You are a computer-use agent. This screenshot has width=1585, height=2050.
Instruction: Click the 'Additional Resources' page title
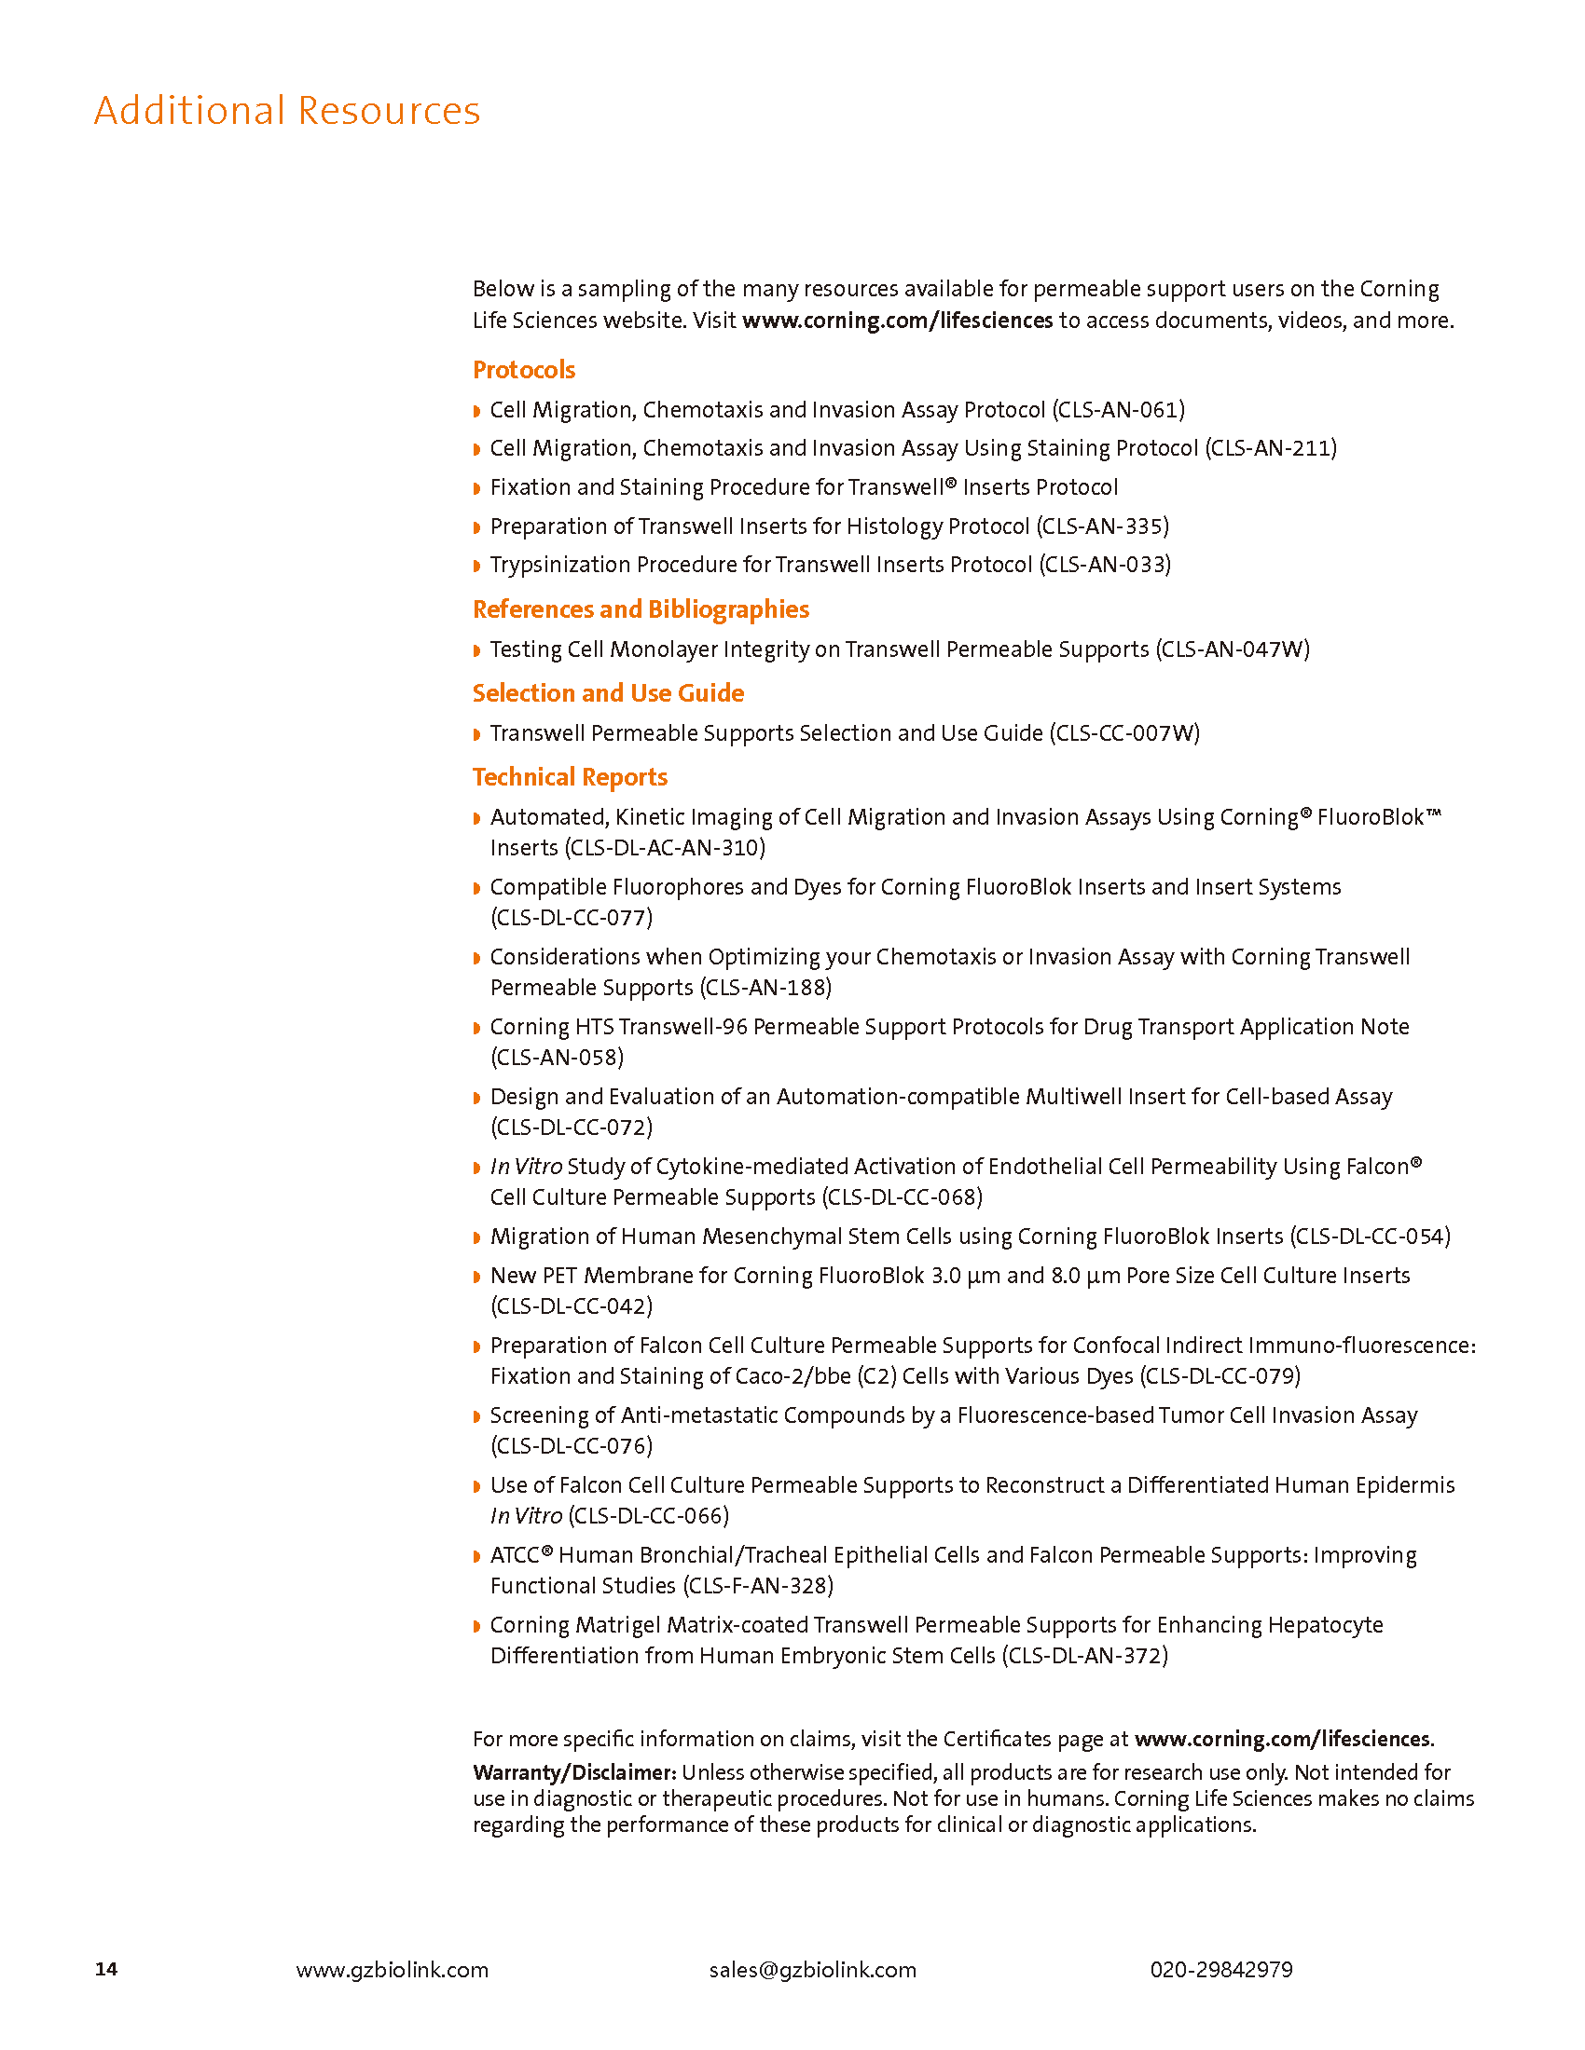[x=286, y=111]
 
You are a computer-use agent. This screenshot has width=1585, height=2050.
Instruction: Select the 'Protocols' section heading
[x=523, y=370]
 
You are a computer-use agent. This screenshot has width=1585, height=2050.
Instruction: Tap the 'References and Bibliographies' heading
[x=641, y=609]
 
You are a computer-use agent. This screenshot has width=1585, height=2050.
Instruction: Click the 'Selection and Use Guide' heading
[x=608, y=692]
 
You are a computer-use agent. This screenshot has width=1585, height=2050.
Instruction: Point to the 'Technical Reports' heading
[x=569, y=777]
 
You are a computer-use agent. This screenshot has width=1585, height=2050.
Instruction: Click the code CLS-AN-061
[x=1118, y=410]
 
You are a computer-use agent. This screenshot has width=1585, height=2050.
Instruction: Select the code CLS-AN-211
[x=1271, y=449]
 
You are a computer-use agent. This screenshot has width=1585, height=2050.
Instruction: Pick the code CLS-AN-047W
[x=1232, y=649]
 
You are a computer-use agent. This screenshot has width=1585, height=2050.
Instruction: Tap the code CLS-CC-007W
[x=1124, y=733]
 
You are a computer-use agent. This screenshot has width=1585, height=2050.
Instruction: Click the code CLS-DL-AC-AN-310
[x=665, y=848]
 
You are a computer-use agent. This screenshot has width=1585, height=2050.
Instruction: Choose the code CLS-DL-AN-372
[x=1084, y=1655]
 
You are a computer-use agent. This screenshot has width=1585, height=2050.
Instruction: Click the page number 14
[x=106, y=1969]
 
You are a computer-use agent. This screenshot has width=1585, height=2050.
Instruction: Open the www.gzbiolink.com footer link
[x=392, y=1969]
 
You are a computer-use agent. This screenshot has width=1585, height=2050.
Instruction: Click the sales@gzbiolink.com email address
[x=812, y=1969]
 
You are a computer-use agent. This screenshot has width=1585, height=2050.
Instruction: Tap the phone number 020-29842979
[x=1220, y=1969]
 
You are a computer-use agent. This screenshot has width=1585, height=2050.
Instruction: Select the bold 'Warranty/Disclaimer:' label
[x=573, y=1772]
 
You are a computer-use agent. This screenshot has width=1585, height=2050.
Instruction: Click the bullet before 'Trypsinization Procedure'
[x=477, y=565]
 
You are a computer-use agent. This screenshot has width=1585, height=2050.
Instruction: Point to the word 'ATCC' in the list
[x=515, y=1555]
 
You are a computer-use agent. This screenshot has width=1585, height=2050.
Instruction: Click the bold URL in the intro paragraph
[x=897, y=321]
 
